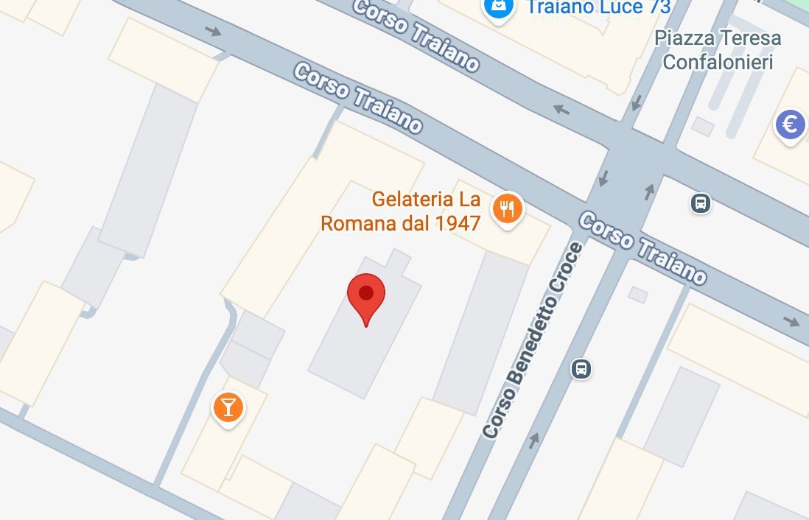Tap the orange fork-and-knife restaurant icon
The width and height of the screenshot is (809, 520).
(x=507, y=209)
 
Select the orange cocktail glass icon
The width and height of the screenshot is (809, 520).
(x=228, y=407)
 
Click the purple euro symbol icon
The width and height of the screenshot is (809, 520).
(x=790, y=124)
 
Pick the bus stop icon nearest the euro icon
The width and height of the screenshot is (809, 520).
(x=701, y=203)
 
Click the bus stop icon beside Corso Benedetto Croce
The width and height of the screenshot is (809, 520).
(x=581, y=368)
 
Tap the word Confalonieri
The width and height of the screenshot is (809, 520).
(x=718, y=62)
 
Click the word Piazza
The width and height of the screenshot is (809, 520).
(x=683, y=38)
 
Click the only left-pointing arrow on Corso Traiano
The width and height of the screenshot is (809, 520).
(x=561, y=110)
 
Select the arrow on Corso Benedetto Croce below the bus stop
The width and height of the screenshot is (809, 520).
(x=533, y=440)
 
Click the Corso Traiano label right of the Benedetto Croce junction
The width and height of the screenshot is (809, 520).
(x=642, y=248)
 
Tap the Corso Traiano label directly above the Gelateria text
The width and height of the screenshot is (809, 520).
(x=358, y=98)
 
